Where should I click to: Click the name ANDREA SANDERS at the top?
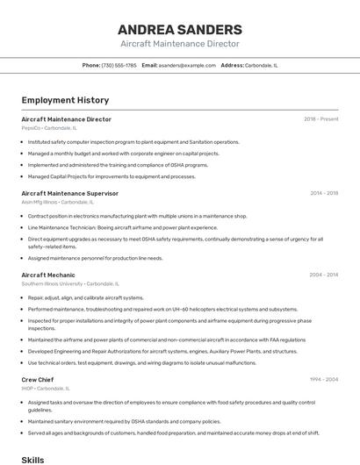[x=179, y=29]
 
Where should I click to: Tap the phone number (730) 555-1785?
[x=119, y=65]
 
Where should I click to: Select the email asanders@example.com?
[x=186, y=65]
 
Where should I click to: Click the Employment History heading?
[x=65, y=100]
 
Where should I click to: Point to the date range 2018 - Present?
[x=320, y=118]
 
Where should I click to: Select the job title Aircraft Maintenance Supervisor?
[x=69, y=192]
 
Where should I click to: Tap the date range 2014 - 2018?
[x=323, y=192]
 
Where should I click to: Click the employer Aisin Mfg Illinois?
[x=40, y=201]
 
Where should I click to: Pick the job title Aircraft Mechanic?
[x=48, y=275]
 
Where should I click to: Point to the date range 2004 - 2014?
[x=323, y=275]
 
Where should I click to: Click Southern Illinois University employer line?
[x=52, y=283]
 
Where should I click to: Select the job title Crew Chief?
[x=37, y=379]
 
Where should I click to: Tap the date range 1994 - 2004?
[x=323, y=379]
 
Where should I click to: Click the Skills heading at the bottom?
[x=32, y=459]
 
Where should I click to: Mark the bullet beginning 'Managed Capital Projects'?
[x=112, y=176]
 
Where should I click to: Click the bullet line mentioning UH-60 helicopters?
[x=162, y=309]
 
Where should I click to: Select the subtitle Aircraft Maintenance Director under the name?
[x=179, y=43]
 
